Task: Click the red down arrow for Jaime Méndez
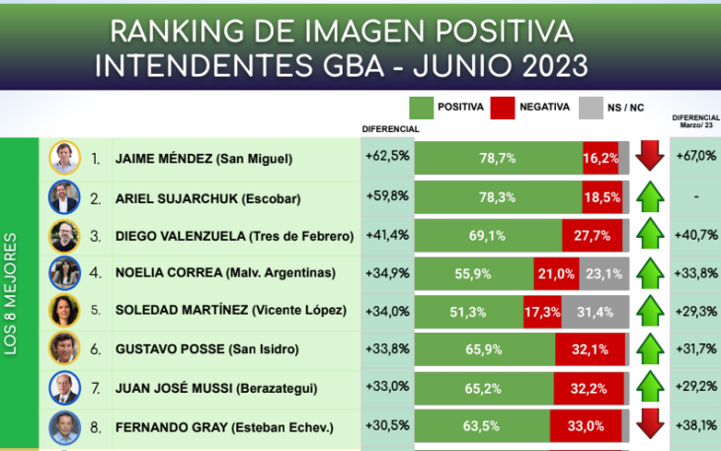648,157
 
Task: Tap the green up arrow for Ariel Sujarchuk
648,196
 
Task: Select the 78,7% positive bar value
498,157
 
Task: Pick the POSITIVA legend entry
446,106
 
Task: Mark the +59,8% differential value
386,196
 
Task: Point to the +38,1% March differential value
695,427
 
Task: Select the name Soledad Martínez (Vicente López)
231,312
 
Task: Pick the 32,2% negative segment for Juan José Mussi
589,389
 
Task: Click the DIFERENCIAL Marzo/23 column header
695,120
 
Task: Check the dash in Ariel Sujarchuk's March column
695,196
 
